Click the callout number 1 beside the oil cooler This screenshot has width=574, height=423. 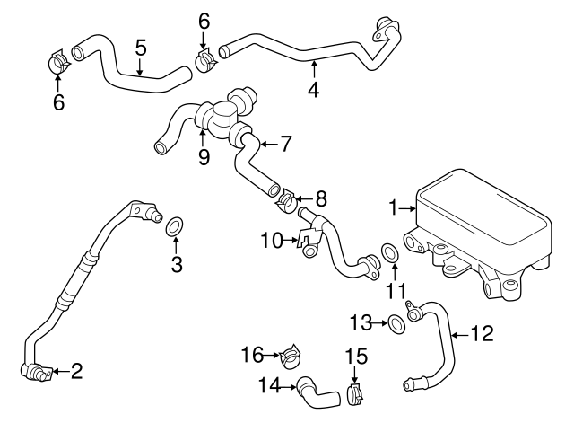pyautogui.click(x=391, y=208)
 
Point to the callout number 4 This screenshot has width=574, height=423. pyautogui.click(x=313, y=90)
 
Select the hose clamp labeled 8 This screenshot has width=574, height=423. pyautogui.click(x=285, y=200)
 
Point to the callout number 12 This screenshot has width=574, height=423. pyautogui.click(x=483, y=334)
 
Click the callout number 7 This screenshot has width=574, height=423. pyautogui.click(x=285, y=142)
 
